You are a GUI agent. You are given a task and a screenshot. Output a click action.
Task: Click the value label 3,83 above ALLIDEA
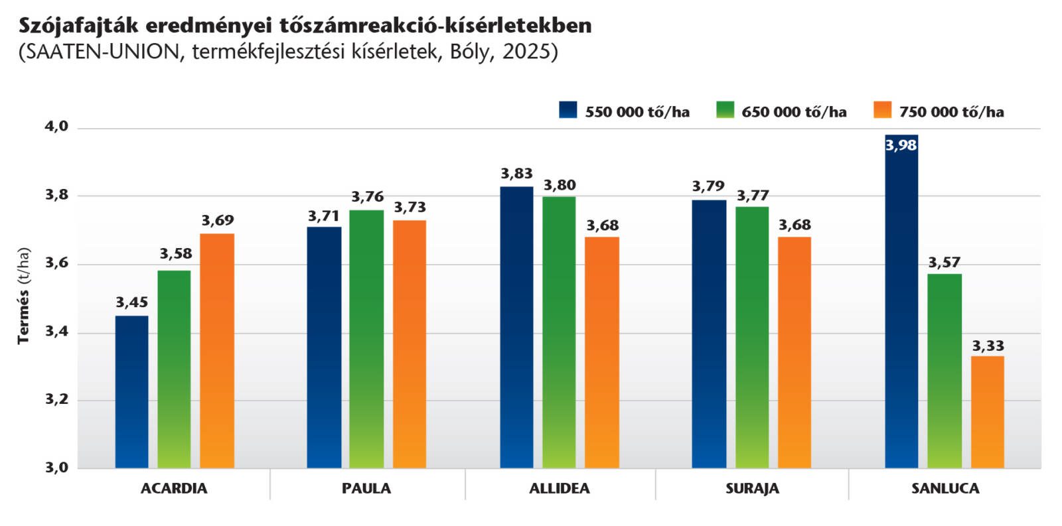tap(516, 174)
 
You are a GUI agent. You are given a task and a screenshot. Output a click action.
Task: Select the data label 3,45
tap(131, 302)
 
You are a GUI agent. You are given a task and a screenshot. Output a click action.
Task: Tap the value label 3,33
tap(988, 346)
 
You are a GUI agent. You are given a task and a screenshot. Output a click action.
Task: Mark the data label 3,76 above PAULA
tap(367, 197)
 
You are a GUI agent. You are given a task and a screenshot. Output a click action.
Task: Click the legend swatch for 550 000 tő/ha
tap(568, 110)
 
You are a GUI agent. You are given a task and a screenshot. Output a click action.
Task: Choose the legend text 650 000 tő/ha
tap(794, 112)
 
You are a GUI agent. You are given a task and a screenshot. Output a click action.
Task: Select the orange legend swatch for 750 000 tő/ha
tap(882, 110)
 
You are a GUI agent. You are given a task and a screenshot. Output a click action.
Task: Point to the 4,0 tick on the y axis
tap(56, 126)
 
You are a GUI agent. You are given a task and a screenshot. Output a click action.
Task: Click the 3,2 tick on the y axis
tap(56, 399)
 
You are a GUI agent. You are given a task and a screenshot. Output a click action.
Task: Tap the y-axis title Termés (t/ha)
tap(24, 296)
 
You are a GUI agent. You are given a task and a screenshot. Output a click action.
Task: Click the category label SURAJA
tap(752, 489)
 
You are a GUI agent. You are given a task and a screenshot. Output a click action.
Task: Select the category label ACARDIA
tap(174, 489)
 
